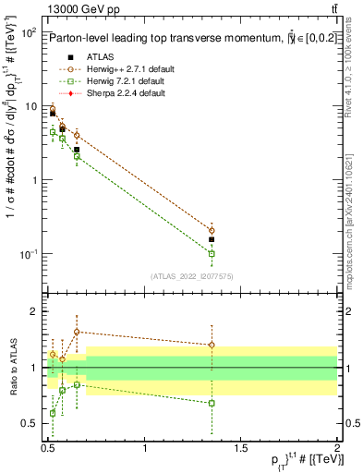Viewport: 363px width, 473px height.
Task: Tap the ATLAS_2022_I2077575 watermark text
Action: (x=192, y=275)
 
